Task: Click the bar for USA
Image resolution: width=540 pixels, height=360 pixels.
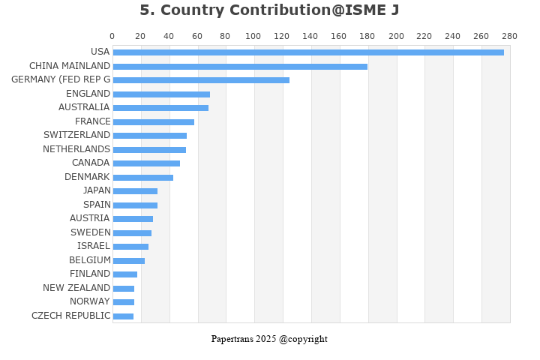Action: [x=308, y=52]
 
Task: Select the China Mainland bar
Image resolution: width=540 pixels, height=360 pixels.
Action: [x=240, y=66]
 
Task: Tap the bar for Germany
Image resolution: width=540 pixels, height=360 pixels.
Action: [x=201, y=80]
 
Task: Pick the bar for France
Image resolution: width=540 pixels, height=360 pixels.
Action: [x=154, y=121]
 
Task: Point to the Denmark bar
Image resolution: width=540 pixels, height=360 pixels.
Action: [x=143, y=177]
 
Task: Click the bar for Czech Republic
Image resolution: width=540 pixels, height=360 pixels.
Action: [x=123, y=316]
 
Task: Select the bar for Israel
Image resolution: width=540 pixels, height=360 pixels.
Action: [x=130, y=247]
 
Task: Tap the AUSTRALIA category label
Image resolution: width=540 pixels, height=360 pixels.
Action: [x=84, y=107]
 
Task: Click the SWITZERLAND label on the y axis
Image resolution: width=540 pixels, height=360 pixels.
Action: [x=76, y=135]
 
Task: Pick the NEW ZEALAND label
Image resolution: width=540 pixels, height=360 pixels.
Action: [x=76, y=288]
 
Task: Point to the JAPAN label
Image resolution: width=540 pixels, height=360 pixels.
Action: [x=97, y=190]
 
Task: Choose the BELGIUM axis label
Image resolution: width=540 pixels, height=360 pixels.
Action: [x=90, y=260]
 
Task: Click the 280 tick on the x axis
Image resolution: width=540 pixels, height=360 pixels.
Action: [x=510, y=36]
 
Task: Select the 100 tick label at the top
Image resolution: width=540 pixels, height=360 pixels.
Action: [x=253, y=36]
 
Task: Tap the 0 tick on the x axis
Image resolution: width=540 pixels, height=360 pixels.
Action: [x=112, y=36]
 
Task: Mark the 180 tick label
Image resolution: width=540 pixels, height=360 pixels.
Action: [x=367, y=36]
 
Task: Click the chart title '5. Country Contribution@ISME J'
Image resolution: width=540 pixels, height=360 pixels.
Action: [x=269, y=10]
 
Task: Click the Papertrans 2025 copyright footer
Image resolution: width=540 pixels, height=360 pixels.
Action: [x=269, y=339]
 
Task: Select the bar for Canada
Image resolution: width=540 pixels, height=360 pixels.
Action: [x=146, y=163]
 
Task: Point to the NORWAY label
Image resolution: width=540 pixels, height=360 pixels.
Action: [x=90, y=301]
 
